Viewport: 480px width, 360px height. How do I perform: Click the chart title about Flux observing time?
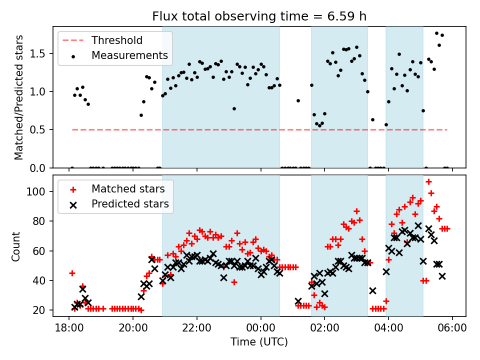coord(259,16)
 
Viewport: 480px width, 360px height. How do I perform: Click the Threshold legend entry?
coord(117,40)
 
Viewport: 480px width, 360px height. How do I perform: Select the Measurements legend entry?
coord(129,55)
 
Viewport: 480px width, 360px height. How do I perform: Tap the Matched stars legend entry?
coord(127,189)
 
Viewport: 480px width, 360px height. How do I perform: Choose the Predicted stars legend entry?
coord(130,204)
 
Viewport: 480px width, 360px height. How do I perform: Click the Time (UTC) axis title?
coord(259,342)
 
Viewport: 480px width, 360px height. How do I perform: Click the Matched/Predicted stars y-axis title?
coord(19,97)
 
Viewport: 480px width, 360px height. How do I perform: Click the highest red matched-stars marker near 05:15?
coord(428,181)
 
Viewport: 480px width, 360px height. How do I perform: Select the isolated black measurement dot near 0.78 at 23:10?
coord(234,108)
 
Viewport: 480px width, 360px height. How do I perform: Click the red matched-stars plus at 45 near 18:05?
coord(72,273)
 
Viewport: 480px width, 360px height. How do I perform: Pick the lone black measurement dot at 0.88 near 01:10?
coord(298,100)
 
